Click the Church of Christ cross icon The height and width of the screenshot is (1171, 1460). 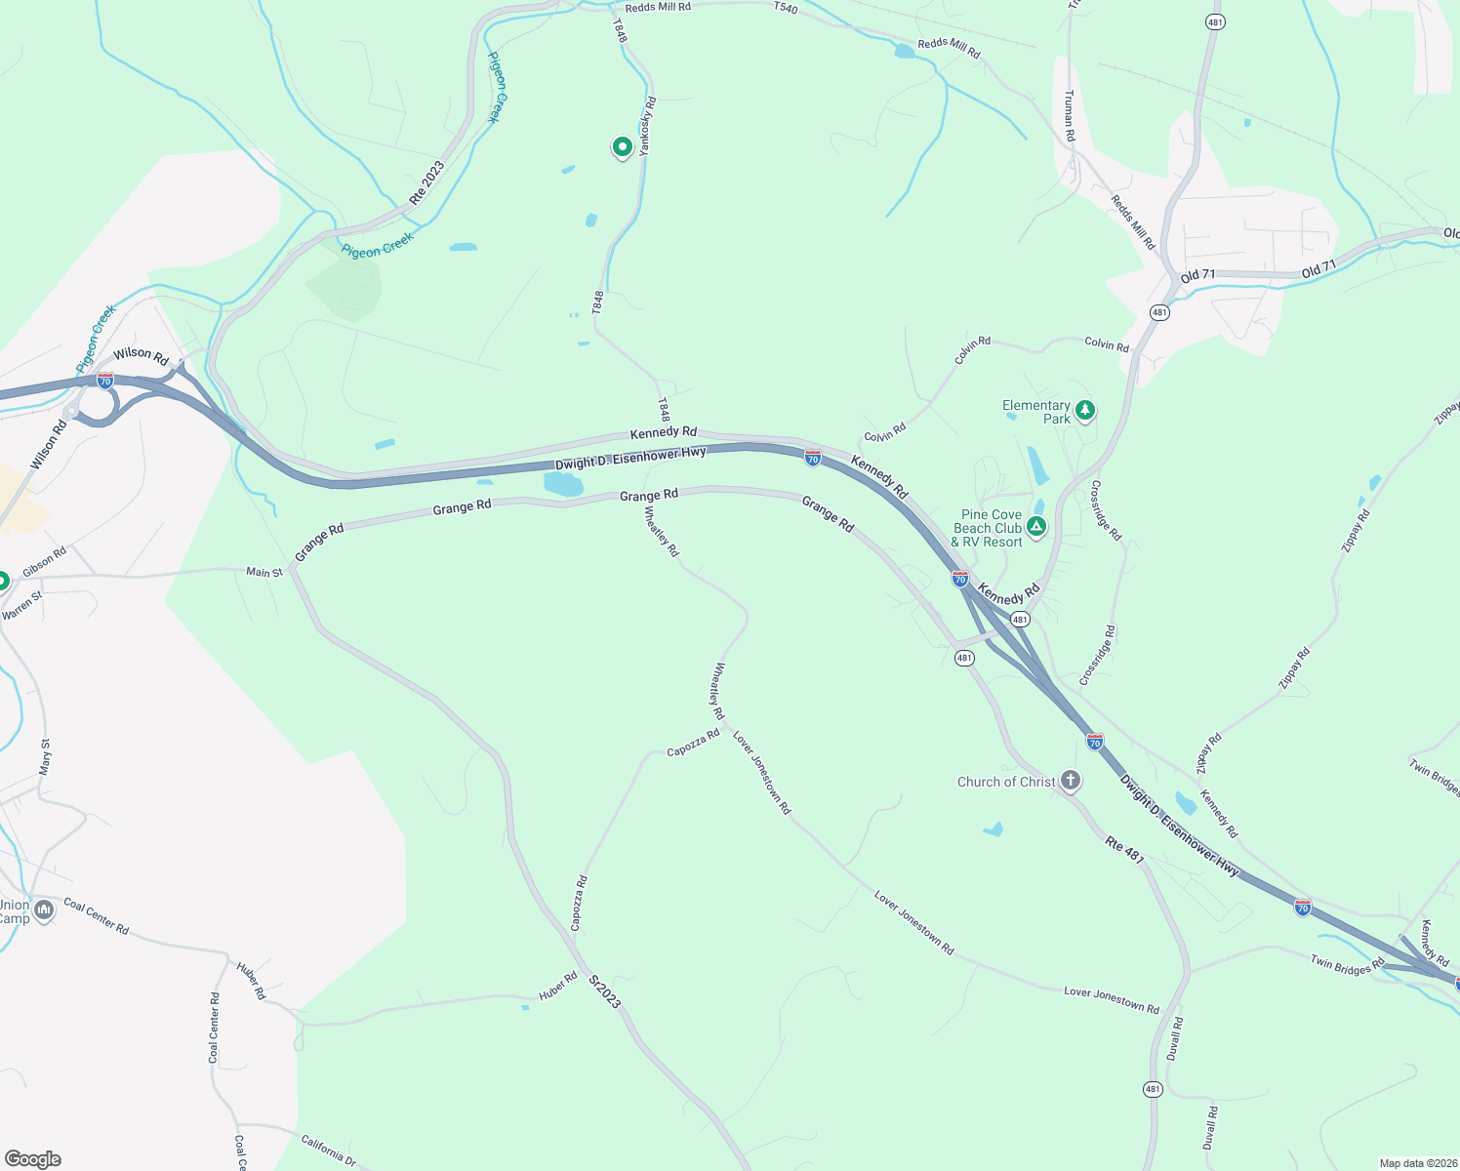click(x=1071, y=780)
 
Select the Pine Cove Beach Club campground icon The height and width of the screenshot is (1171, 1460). click(x=1036, y=527)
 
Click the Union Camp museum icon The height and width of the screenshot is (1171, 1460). click(x=44, y=911)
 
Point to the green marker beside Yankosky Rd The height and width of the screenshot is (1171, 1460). click(x=622, y=147)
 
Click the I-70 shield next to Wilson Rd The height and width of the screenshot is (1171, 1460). click(x=104, y=380)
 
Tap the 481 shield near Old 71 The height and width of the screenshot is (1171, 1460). click(x=1158, y=313)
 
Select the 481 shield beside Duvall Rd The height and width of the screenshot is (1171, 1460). click(x=1153, y=1089)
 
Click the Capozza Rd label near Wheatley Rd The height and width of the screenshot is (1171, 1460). click(x=693, y=745)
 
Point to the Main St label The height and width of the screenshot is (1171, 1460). click(x=264, y=572)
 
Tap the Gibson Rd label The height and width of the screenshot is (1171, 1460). click(x=45, y=560)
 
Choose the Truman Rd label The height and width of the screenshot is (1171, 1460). click(x=1070, y=116)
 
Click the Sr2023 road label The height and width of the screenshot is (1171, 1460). click(x=605, y=990)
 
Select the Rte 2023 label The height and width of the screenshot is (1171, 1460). click(x=426, y=182)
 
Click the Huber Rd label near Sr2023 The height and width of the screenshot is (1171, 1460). click(x=558, y=987)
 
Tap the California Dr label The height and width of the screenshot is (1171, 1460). click(x=328, y=1149)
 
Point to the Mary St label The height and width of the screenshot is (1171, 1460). click(x=45, y=757)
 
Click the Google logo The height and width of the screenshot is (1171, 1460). click(x=33, y=1159)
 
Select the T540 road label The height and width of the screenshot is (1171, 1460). click(x=785, y=8)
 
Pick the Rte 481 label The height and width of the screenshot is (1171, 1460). click(x=1123, y=849)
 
